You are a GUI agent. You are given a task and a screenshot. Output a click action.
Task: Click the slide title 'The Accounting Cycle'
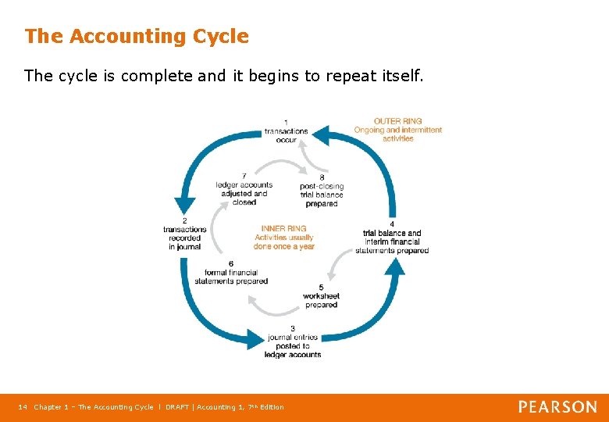(137, 37)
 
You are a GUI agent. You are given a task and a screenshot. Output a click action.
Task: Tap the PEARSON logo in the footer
(557, 406)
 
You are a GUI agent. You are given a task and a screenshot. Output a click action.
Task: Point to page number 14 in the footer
(22, 407)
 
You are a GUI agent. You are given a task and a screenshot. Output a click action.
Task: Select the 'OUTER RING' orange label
(397, 121)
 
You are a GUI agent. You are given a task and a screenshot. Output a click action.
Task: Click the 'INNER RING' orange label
(283, 229)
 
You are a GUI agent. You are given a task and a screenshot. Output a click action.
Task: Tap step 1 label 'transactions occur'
(286, 131)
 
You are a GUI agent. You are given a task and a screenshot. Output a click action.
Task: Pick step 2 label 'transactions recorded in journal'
(184, 234)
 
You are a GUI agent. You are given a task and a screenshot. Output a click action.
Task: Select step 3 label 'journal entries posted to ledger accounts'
(293, 342)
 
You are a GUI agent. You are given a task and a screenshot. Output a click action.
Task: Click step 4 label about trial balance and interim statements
(392, 238)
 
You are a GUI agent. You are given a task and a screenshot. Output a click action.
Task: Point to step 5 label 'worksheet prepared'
(322, 296)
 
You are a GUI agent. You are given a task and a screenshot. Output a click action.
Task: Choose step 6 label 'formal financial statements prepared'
(231, 273)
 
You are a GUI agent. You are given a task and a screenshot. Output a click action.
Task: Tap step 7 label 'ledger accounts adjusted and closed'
(244, 189)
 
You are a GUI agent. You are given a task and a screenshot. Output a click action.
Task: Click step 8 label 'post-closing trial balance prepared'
(322, 191)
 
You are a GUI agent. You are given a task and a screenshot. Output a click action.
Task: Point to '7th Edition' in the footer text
(262, 407)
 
